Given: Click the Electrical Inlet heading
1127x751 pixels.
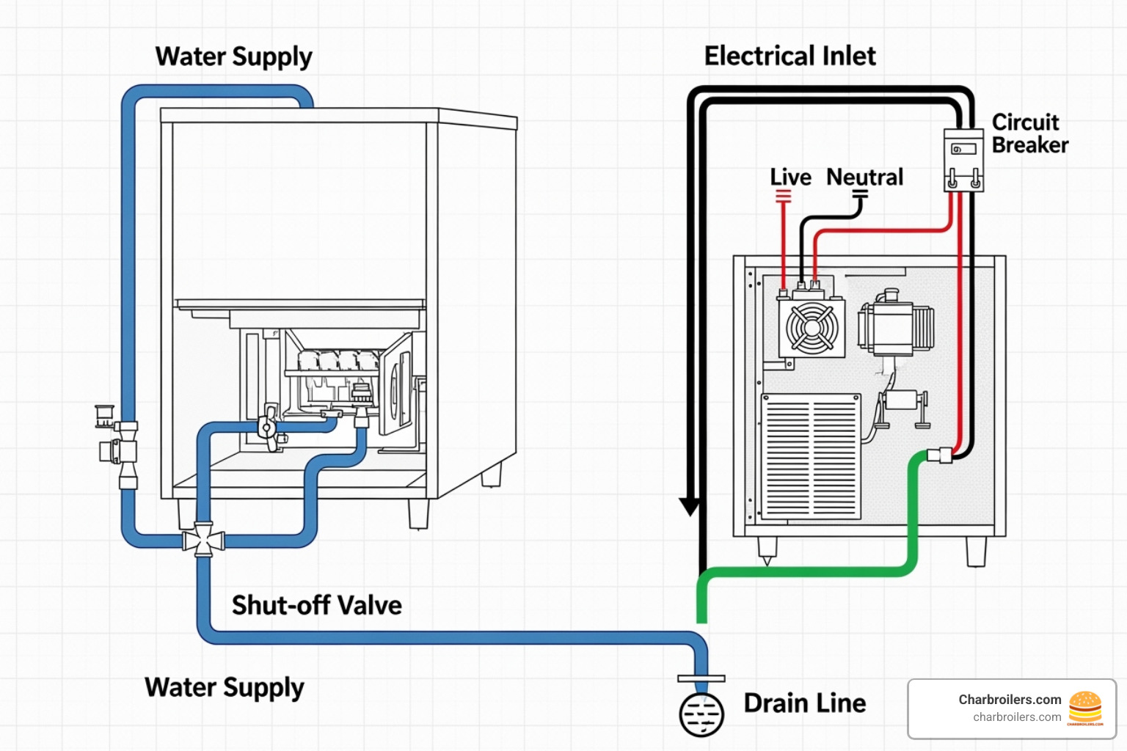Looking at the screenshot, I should [x=789, y=56].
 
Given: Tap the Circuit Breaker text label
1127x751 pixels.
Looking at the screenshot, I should [x=1029, y=133].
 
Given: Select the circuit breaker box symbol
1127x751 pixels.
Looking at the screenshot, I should [x=963, y=160].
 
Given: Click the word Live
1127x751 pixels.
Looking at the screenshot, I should [x=790, y=177].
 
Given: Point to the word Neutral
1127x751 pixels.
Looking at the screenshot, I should [x=864, y=177].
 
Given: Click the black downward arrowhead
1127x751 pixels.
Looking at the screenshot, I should [x=690, y=507].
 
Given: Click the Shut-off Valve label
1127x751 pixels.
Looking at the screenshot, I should [x=316, y=605].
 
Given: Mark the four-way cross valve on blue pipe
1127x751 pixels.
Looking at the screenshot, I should [x=203, y=541].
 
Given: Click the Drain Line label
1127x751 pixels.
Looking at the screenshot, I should [x=804, y=703].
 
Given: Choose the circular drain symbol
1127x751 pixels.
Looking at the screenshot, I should [x=701, y=714].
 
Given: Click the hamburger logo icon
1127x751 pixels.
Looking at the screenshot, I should [x=1085, y=708].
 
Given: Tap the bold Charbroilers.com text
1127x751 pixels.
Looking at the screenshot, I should [x=1009, y=700].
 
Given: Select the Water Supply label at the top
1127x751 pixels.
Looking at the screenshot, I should [x=233, y=56].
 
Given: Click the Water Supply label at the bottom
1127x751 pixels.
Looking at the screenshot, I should [x=224, y=687].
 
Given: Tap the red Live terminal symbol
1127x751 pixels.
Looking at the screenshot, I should [x=784, y=196].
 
